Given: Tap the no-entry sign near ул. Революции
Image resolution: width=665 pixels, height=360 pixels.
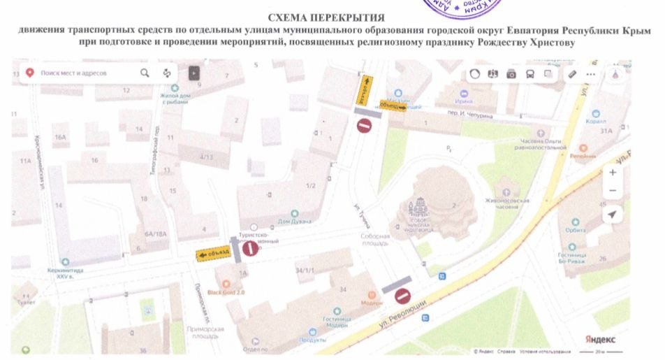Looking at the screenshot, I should point(402,296).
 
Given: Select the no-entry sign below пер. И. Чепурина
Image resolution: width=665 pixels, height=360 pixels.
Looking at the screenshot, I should point(365,126).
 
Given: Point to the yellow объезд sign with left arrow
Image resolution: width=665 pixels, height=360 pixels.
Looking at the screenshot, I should point(213,255).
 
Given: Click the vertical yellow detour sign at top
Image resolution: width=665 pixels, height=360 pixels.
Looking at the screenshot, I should point(365,90).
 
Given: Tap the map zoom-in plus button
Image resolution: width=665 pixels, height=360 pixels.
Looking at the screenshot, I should point(613,172).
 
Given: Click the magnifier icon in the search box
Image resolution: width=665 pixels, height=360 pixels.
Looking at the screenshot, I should point(145,73).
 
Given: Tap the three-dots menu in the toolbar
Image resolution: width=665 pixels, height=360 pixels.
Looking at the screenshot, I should point(591,73).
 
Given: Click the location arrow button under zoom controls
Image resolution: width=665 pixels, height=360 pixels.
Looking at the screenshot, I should point(613,215).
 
